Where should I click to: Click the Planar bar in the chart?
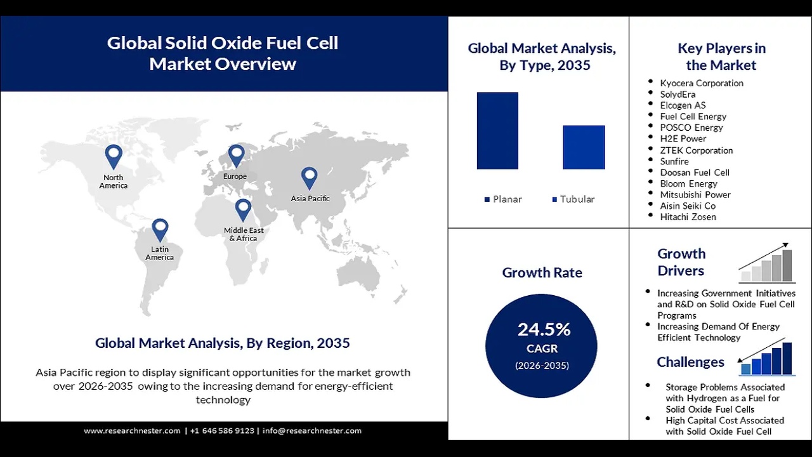tap(497, 131)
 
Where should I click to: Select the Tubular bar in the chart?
tap(584, 147)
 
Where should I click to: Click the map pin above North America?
tap(114, 156)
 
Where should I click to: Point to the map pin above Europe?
tap(236, 155)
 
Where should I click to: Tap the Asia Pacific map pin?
tap(309, 178)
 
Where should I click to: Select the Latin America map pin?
tap(160, 229)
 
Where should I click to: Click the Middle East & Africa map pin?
tap(243, 209)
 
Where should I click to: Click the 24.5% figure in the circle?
tap(544, 329)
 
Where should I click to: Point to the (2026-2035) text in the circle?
tap(542, 366)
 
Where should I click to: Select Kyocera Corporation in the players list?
tap(701, 83)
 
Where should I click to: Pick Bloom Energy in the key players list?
tap(688, 183)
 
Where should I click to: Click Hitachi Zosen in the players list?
tap(688, 217)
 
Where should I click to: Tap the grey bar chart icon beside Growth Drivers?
tap(766, 263)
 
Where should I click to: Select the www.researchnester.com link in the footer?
tap(132, 431)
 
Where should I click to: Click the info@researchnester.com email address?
tap(311, 431)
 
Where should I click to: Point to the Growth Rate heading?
tap(542, 272)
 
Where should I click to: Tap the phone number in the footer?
tap(222, 431)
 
